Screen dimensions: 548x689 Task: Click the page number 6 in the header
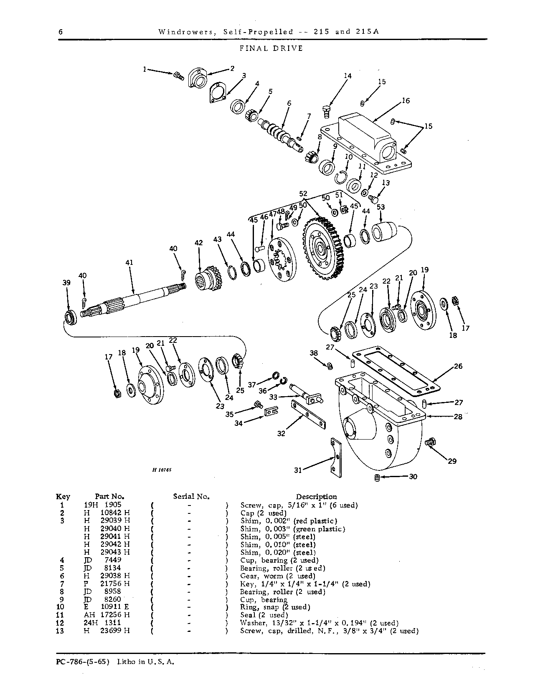(61, 32)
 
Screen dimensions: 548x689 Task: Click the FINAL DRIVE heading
(271, 48)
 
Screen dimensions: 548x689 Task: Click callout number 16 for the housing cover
(406, 101)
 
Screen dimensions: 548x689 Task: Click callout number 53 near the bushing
(381, 207)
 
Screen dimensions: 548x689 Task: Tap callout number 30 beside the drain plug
(413, 476)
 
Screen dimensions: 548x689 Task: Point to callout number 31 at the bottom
(298, 470)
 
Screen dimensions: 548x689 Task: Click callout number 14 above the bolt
(348, 76)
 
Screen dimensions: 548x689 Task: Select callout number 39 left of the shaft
(66, 282)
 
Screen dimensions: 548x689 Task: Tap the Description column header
(316, 496)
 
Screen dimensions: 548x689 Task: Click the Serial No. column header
(191, 496)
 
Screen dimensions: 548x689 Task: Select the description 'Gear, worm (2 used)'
(278, 576)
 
